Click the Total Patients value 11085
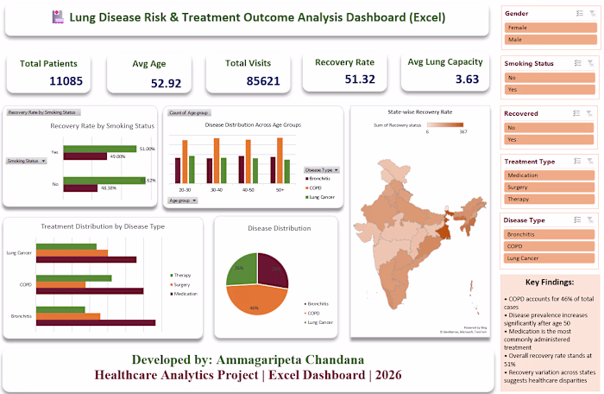(x=48, y=80)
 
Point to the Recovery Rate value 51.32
(x=345, y=79)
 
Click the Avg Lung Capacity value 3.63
(x=442, y=79)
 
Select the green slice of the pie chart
(x=241, y=269)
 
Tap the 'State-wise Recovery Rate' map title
(x=419, y=112)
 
